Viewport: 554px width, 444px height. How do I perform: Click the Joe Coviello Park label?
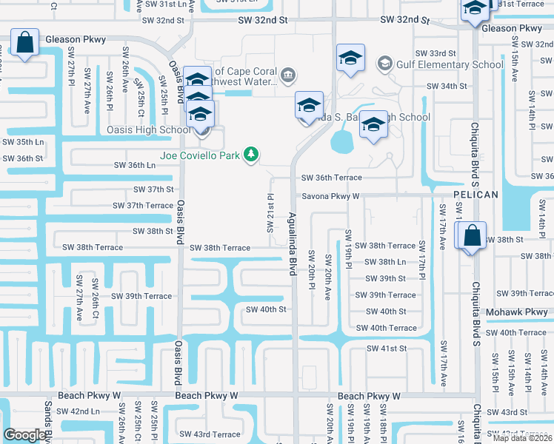[x=202, y=155]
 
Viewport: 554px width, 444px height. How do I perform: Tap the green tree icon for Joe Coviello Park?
[x=252, y=154]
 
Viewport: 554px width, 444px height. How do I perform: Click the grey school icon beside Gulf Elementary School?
[x=384, y=64]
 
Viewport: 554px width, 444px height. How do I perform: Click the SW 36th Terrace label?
[x=331, y=178]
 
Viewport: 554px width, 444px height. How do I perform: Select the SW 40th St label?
[x=265, y=309]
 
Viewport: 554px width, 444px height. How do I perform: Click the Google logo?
[x=25, y=435]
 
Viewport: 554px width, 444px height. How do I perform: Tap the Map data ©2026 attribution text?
[x=523, y=438]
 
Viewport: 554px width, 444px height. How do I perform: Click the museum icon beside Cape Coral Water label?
[x=288, y=74]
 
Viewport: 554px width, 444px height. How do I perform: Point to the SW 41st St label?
[x=387, y=349]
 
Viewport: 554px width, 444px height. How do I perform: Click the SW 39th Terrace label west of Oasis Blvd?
[x=141, y=296]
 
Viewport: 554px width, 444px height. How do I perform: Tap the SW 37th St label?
[x=154, y=189]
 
